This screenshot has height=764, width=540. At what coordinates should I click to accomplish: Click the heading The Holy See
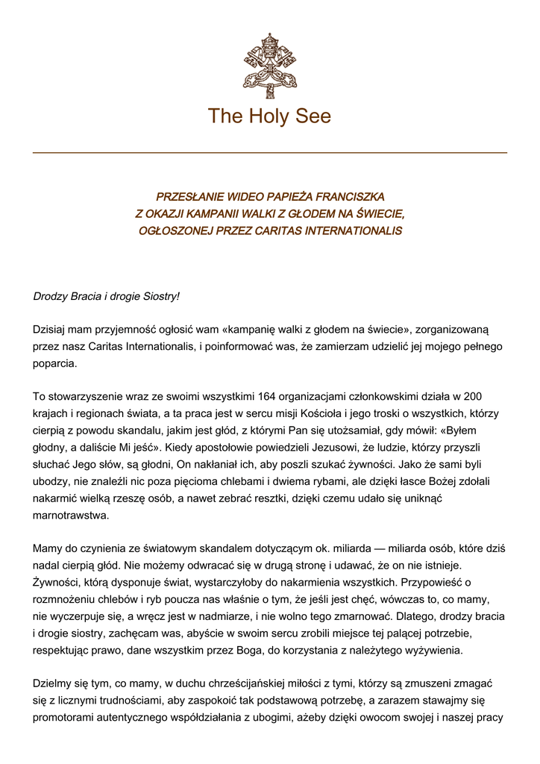pyautogui.click(x=270, y=116)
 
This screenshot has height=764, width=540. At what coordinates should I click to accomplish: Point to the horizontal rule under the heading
pyautogui.click(x=270, y=152)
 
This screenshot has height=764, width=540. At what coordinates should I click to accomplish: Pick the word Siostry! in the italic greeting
pyautogui.click(x=159, y=296)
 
